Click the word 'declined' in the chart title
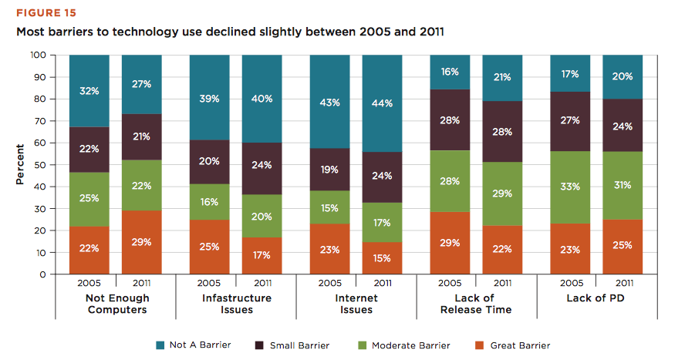point(253,33)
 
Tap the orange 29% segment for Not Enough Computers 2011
point(142,242)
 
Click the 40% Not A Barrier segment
point(262,99)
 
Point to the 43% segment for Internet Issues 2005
point(329,103)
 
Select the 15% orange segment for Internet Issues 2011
point(383,257)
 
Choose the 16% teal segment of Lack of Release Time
point(450,72)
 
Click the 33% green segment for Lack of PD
point(570,185)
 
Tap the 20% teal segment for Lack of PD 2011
point(623,76)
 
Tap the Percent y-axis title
point(20,165)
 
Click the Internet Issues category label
point(356,304)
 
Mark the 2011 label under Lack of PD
point(623,284)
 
